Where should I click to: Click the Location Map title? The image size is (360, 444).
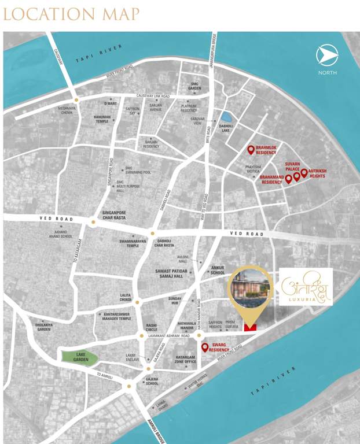pyautogui.click(x=71, y=14)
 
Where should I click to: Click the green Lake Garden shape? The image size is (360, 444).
pyautogui.click(x=79, y=357)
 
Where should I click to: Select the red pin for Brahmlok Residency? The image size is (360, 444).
pyautogui.click(x=251, y=150)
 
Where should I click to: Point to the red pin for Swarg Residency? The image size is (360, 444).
pyautogui.click(x=204, y=347)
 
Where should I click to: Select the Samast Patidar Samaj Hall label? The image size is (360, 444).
pyautogui.click(x=177, y=273)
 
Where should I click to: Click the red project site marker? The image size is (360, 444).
pyautogui.click(x=250, y=328)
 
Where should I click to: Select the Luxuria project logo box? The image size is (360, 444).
pyautogui.click(x=306, y=287)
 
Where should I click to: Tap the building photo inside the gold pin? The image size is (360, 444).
pyautogui.click(x=249, y=287)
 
